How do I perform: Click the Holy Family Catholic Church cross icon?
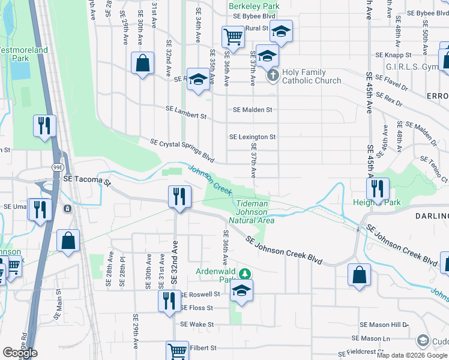(273, 75)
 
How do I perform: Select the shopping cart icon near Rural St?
(233, 36)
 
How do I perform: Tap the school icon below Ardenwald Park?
(241, 290)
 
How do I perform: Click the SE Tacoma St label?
(88, 181)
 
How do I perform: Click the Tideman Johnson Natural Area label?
(252, 212)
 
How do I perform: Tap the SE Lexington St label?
(252, 137)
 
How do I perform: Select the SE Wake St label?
(197, 324)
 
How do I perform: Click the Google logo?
(20, 353)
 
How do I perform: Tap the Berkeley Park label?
(254, 6)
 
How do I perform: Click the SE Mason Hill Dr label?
(384, 324)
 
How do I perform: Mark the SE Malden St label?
(252, 110)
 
